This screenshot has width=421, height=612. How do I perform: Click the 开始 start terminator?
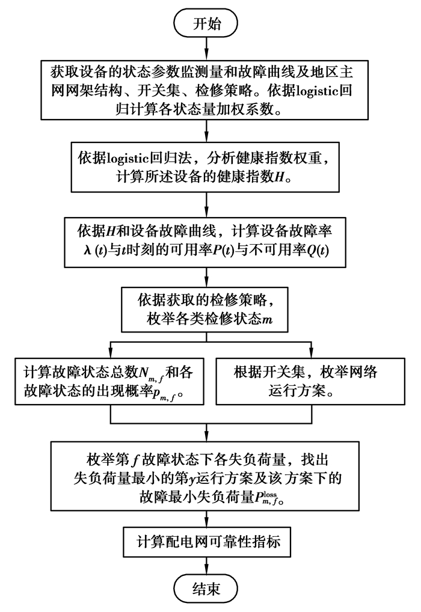(206, 23)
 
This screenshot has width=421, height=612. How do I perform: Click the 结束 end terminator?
(206, 589)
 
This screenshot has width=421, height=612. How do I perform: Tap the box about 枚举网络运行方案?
(308, 382)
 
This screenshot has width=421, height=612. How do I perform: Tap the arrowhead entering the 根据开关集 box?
(311, 353)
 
